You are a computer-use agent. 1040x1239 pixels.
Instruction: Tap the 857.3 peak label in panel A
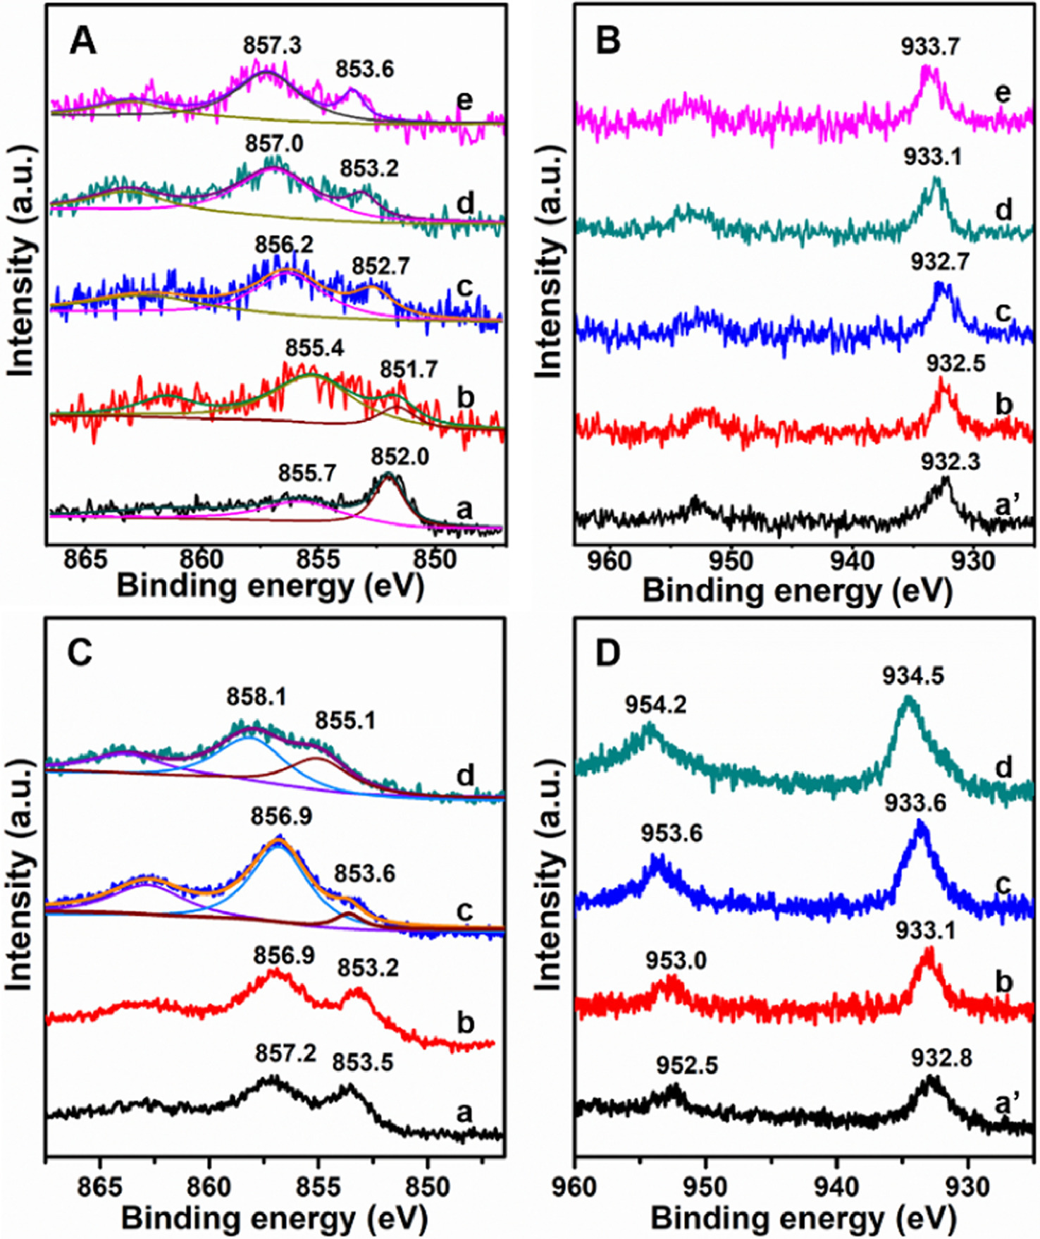pos(272,46)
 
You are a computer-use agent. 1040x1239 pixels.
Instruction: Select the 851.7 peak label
pos(409,369)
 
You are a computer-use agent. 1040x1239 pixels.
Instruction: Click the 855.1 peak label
pos(345,720)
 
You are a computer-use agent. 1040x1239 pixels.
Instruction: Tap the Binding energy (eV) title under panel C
pos(275,1218)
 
